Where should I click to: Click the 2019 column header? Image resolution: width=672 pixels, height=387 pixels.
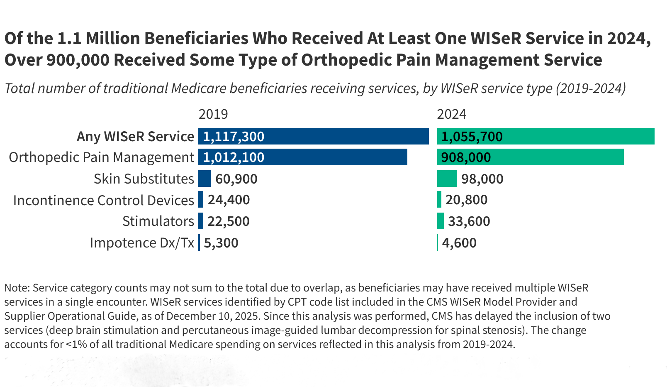213,114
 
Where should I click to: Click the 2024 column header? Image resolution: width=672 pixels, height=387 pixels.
451,114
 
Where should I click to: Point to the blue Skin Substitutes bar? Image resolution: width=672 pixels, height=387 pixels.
205,179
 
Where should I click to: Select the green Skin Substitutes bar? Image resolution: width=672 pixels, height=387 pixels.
447,179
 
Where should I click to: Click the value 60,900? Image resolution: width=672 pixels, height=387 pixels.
236,179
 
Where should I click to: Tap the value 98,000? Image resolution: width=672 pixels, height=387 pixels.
482,179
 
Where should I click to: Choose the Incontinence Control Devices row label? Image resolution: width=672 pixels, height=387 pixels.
103,200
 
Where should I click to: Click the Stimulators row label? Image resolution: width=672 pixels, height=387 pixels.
158,221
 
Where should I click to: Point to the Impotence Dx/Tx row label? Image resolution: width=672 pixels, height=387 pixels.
142,243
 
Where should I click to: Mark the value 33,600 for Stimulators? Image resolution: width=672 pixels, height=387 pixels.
469,221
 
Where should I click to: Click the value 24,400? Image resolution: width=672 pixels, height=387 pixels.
229,200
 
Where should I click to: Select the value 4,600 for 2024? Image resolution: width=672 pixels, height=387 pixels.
459,243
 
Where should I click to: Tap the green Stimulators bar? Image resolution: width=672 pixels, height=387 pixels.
441,221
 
